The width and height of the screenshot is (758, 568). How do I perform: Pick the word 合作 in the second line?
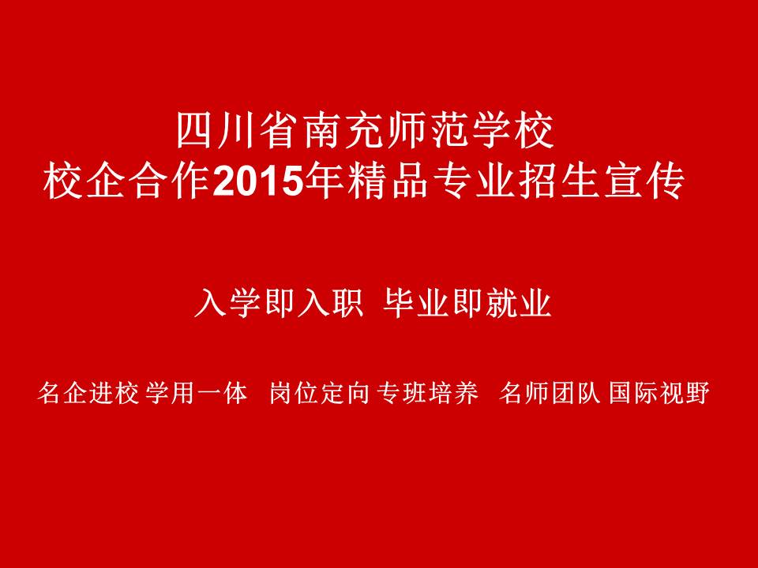(170, 182)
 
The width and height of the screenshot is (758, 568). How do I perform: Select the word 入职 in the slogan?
(331, 303)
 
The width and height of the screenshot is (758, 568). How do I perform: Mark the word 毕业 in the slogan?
(416, 303)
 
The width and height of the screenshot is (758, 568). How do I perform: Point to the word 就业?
(519, 303)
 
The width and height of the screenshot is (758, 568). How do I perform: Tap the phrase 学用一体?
(195, 392)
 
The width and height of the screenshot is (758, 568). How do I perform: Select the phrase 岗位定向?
(319, 392)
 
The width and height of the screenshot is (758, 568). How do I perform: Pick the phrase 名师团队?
(550, 392)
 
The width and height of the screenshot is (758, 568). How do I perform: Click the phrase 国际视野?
(659, 392)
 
